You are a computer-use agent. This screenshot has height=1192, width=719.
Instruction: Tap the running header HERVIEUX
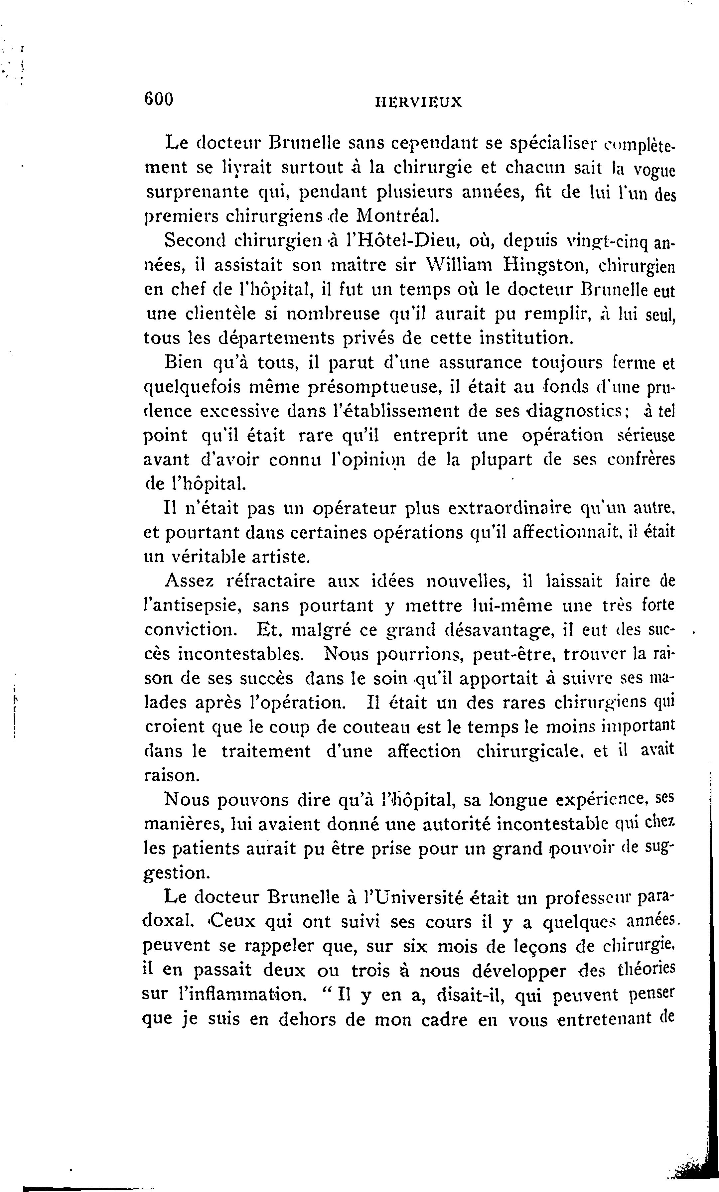coord(418,102)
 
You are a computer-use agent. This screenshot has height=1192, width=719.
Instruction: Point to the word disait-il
coord(472,995)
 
